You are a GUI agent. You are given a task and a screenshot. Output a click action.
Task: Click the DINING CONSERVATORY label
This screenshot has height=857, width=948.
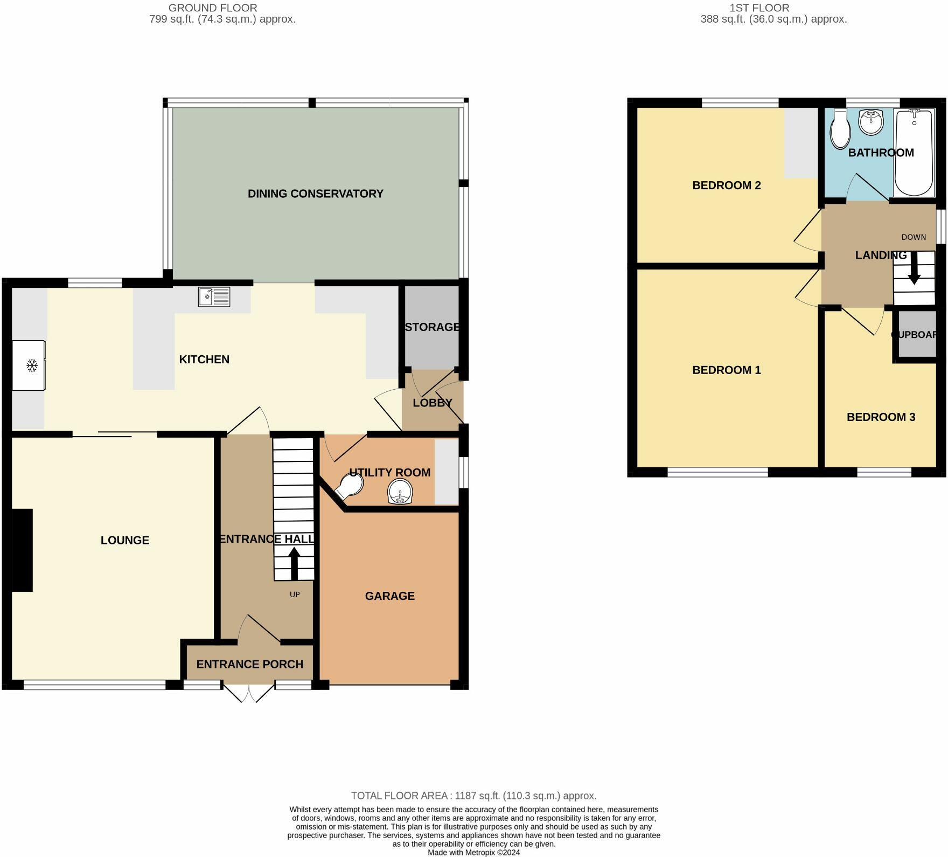(x=315, y=193)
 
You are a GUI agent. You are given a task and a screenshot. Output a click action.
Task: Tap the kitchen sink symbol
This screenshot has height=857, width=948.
(x=214, y=297)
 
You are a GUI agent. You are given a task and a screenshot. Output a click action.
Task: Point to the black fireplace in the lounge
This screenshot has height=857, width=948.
(x=22, y=550)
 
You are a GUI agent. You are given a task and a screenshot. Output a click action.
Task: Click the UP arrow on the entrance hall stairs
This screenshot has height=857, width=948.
(x=294, y=564)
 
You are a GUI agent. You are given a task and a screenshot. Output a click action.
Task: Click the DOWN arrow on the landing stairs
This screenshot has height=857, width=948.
(x=914, y=268)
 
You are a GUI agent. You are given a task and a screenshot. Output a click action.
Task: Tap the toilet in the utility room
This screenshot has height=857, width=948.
(x=347, y=487)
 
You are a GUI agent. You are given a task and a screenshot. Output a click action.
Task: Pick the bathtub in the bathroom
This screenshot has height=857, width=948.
(x=914, y=153)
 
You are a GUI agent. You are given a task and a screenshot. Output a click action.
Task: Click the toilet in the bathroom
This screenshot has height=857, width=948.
(x=840, y=129)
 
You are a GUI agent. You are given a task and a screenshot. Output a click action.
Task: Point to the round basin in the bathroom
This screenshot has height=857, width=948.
(x=870, y=122)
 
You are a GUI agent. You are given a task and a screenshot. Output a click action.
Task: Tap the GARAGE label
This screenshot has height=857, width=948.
(x=389, y=596)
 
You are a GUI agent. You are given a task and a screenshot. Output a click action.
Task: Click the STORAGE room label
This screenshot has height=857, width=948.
(x=432, y=327)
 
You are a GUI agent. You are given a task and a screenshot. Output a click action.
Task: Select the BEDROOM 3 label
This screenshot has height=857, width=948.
(x=881, y=417)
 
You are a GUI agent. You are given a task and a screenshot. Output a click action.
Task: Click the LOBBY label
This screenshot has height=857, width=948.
(x=432, y=403)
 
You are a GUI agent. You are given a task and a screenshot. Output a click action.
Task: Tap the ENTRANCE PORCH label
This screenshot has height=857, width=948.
(x=249, y=665)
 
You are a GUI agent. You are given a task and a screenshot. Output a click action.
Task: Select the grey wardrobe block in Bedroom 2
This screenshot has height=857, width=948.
(x=800, y=143)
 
